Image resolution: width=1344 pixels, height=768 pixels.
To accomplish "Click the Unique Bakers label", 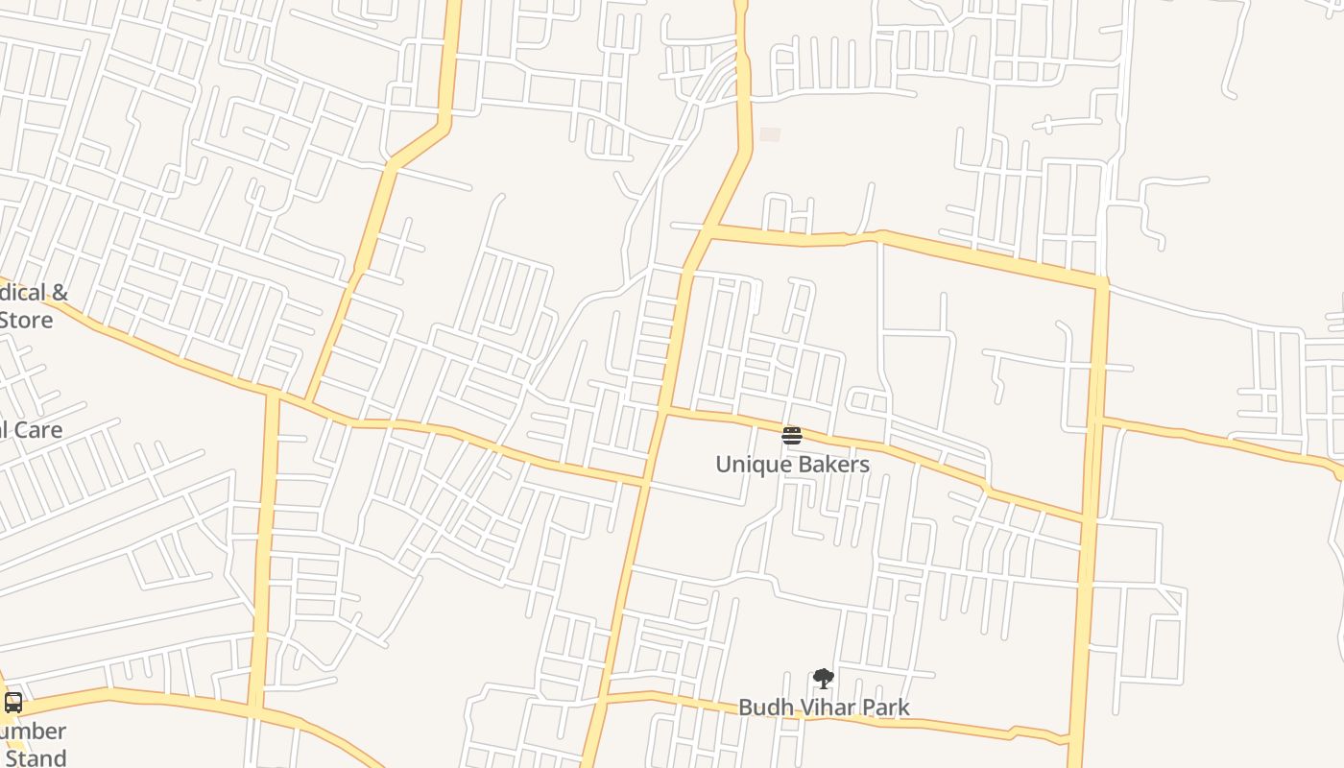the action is [x=792, y=465].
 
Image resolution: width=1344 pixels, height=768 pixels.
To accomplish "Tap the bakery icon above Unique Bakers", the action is [x=791, y=436].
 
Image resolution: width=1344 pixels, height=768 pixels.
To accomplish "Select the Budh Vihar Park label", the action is [x=824, y=708].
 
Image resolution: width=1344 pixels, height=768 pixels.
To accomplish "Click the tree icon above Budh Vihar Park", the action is [x=823, y=679].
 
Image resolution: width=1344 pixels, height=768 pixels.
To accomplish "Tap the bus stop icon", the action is [x=13, y=703].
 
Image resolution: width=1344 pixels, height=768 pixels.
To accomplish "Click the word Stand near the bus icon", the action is [x=36, y=757].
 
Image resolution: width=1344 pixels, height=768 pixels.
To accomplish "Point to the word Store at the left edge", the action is [x=26, y=320].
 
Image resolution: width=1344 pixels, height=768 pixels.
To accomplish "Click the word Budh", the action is [x=760, y=708].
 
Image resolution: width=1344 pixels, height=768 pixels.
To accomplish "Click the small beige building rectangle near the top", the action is [x=770, y=134].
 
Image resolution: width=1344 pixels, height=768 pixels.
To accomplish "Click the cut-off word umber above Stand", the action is [x=35, y=732].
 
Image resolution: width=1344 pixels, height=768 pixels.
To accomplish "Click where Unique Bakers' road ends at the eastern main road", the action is [x=1087, y=519].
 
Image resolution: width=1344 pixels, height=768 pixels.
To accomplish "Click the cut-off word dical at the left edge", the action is [x=19, y=293].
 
